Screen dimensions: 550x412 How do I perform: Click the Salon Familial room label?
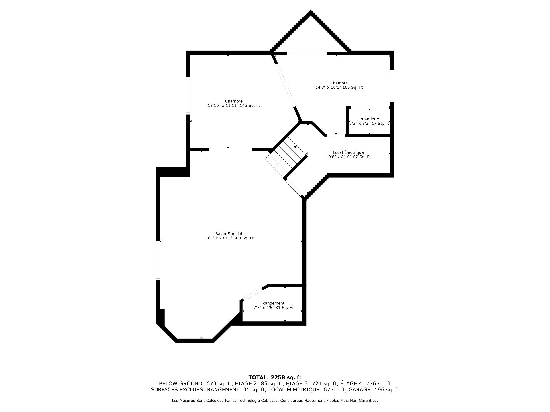click(229, 234)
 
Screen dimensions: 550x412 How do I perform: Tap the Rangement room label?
click(273, 303)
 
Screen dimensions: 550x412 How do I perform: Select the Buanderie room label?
click(369, 119)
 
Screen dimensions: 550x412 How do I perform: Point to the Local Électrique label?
click(348, 152)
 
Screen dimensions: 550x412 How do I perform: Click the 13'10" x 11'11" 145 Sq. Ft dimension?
click(234, 106)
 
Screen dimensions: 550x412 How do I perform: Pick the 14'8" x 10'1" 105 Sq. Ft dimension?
click(339, 88)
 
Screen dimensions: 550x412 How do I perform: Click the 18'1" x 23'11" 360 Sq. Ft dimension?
click(229, 238)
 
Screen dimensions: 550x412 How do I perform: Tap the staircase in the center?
click(286, 157)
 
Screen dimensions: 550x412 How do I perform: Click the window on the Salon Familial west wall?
click(158, 261)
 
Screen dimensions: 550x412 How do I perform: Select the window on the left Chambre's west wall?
click(188, 96)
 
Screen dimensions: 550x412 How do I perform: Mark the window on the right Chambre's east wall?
click(392, 86)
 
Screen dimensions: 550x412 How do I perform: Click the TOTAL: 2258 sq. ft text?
click(275, 377)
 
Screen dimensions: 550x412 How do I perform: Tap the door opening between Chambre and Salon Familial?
click(231, 150)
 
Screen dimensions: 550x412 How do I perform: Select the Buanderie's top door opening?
click(370, 107)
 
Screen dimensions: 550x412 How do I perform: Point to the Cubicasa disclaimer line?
click(275, 401)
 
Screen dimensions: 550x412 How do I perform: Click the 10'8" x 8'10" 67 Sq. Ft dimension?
click(348, 157)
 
